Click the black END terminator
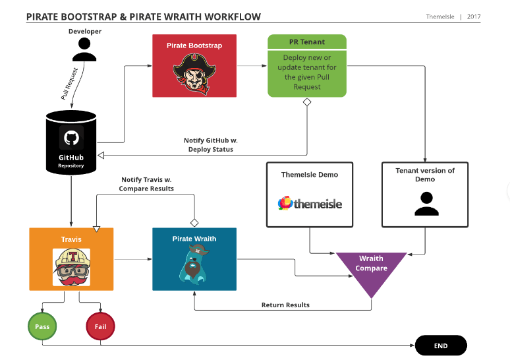(440, 345)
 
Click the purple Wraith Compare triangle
(372, 269)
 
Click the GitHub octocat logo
(71, 138)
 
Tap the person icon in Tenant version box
(426, 204)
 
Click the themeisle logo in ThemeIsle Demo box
(310, 204)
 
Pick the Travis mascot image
(71, 267)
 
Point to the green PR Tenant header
(307, 42)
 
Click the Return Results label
(285, 305)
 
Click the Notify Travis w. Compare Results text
(146, 184)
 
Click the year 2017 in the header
(474, 16)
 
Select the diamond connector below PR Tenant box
(307, 102)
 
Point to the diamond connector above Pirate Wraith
(194, 222)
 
